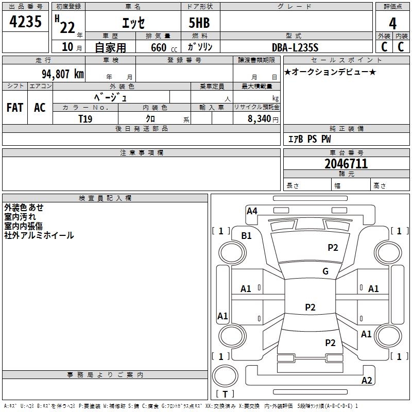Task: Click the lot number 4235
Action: pos(25,23)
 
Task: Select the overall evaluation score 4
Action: pos(393,23)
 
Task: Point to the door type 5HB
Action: pos(199,23)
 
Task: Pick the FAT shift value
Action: pos(14,108)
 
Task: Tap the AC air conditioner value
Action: pos(40,108)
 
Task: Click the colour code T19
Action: pos(85,118)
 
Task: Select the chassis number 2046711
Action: pos(346,164)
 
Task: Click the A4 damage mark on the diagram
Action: pos(252,211)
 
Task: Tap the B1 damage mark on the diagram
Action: pos(247,236)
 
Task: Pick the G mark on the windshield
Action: pos(325,271)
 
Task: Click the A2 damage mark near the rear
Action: pos(367,381)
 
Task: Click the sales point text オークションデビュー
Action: pos(330,72)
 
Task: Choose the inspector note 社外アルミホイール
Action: pos(39,235)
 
